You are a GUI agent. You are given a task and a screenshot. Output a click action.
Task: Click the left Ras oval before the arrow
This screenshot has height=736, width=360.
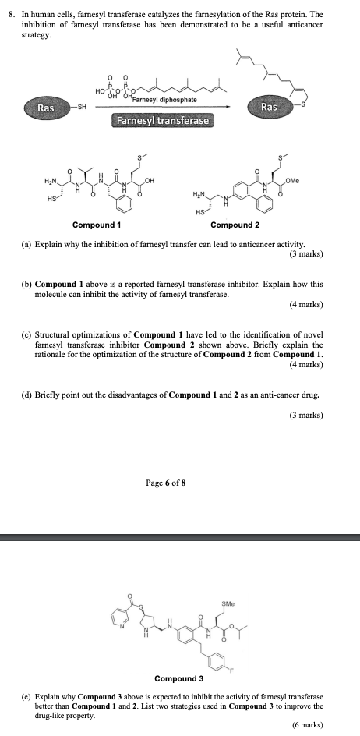click(46, 108)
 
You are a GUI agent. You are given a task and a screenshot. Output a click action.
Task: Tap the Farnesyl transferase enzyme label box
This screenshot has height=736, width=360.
click(163, 121)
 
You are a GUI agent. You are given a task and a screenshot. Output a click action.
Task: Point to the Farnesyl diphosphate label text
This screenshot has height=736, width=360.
click(164, 100)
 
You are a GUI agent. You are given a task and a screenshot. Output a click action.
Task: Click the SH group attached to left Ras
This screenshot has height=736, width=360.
click(80, 108)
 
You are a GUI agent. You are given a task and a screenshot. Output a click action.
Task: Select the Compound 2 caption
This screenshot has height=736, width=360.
click(235, 225)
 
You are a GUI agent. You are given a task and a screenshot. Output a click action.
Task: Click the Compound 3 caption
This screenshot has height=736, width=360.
click(179, 678)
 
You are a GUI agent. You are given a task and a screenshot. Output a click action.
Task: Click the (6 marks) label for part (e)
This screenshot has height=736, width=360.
click(306, 724)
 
